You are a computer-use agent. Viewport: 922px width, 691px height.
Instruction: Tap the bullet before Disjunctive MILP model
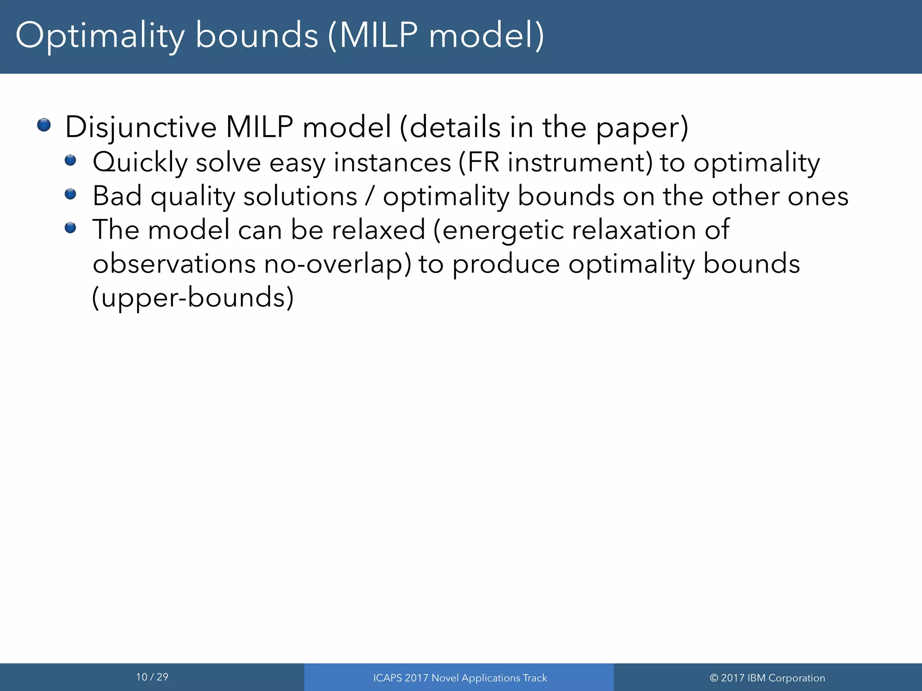44,125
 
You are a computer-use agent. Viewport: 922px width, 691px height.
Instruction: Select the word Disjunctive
141,127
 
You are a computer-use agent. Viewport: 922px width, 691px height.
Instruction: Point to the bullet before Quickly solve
70,160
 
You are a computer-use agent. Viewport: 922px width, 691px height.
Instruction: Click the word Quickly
140,163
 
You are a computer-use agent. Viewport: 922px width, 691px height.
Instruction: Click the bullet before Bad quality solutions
70,194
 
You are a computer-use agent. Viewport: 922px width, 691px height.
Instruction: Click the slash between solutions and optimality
370,197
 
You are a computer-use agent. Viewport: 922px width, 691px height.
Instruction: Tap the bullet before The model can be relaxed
70,228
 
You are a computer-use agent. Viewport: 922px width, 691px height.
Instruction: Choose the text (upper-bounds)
193,298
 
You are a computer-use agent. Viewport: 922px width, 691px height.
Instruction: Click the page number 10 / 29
152,677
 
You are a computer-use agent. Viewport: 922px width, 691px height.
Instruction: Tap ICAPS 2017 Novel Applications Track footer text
460,678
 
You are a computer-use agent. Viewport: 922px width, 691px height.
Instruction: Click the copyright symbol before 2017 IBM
714,678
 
